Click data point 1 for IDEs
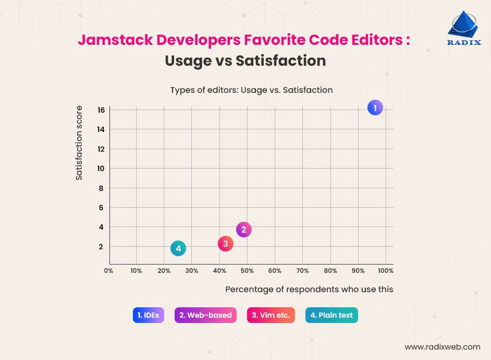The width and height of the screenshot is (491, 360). click(375, 108)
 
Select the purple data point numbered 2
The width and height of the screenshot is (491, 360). click(243, 229)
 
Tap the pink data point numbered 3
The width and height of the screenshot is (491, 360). click(225, 243)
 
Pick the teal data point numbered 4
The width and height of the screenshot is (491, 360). click(178, 248)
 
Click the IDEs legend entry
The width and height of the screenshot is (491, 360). click(149, 315)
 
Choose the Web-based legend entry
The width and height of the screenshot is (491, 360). click(205, 315)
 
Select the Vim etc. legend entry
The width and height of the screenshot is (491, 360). click(271, 315)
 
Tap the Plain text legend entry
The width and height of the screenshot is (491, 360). click(332, 315)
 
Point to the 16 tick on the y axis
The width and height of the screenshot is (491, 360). click(101, 110)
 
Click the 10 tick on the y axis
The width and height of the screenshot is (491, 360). click(101, 169)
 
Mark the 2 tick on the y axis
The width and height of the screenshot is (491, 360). click(101, 247)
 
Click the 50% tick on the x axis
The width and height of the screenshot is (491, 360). click(247, 271)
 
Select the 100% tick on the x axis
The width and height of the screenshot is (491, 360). click(386, 271)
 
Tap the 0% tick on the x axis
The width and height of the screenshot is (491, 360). click(109, 271)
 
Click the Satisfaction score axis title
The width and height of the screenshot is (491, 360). click(79, 143)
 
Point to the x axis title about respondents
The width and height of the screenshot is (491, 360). click(309, 289)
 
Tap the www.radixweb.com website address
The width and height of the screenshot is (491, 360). click(443, 346)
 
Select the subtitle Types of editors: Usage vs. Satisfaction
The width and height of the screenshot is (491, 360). click(251, 90)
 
